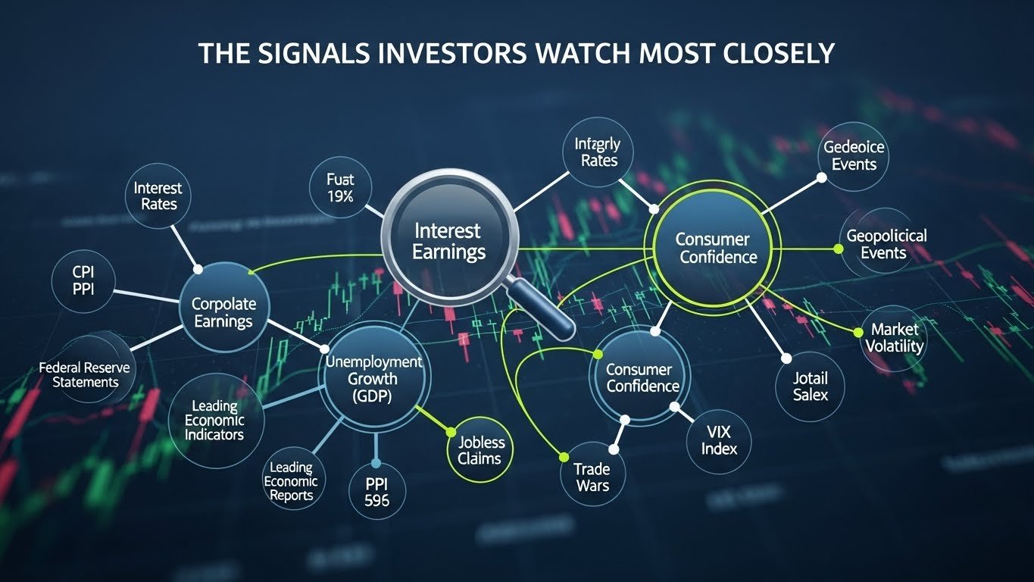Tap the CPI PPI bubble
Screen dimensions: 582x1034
[84, 278]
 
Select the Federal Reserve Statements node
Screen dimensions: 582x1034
[85, 374]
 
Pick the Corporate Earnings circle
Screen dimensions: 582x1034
[223, 312]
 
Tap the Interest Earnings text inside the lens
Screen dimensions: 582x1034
[448, 241]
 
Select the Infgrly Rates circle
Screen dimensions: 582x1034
[597, 152]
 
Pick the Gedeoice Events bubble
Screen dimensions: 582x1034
[854, 156]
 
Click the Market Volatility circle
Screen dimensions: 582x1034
[895, 338]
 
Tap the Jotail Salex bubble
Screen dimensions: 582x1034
[810, 386]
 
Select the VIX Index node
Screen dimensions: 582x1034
[718, 439]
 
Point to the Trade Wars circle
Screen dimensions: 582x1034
[592, 477]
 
